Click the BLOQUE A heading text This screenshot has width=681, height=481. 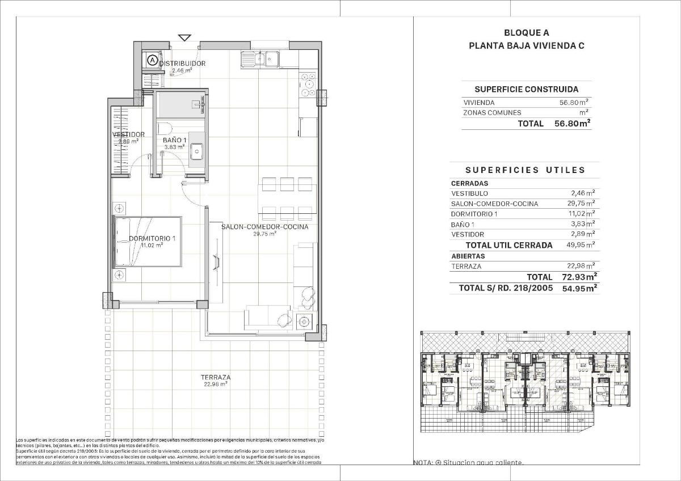tap(526, 33)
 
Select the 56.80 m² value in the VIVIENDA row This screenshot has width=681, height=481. tap(574, 103)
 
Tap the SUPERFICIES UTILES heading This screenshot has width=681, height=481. tap(525, 170)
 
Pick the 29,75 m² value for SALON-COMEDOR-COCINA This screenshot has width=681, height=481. tap(582, 204)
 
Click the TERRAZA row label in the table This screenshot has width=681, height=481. tap(466, 266)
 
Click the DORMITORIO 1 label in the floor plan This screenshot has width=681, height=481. tap(152, 239)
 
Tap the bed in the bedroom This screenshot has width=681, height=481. tap(148, 241)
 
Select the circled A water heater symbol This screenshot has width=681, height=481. tap(152, 58)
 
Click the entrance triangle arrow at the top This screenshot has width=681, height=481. tap(184, 38)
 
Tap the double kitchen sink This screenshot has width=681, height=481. tap(260, 58)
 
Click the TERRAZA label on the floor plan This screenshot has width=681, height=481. tap(215, 377)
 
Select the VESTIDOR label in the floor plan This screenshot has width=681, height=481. tap(128, 134)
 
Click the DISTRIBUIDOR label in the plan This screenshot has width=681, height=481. tap(182, 64)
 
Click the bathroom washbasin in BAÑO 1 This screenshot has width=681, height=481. tap(197, 150)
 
